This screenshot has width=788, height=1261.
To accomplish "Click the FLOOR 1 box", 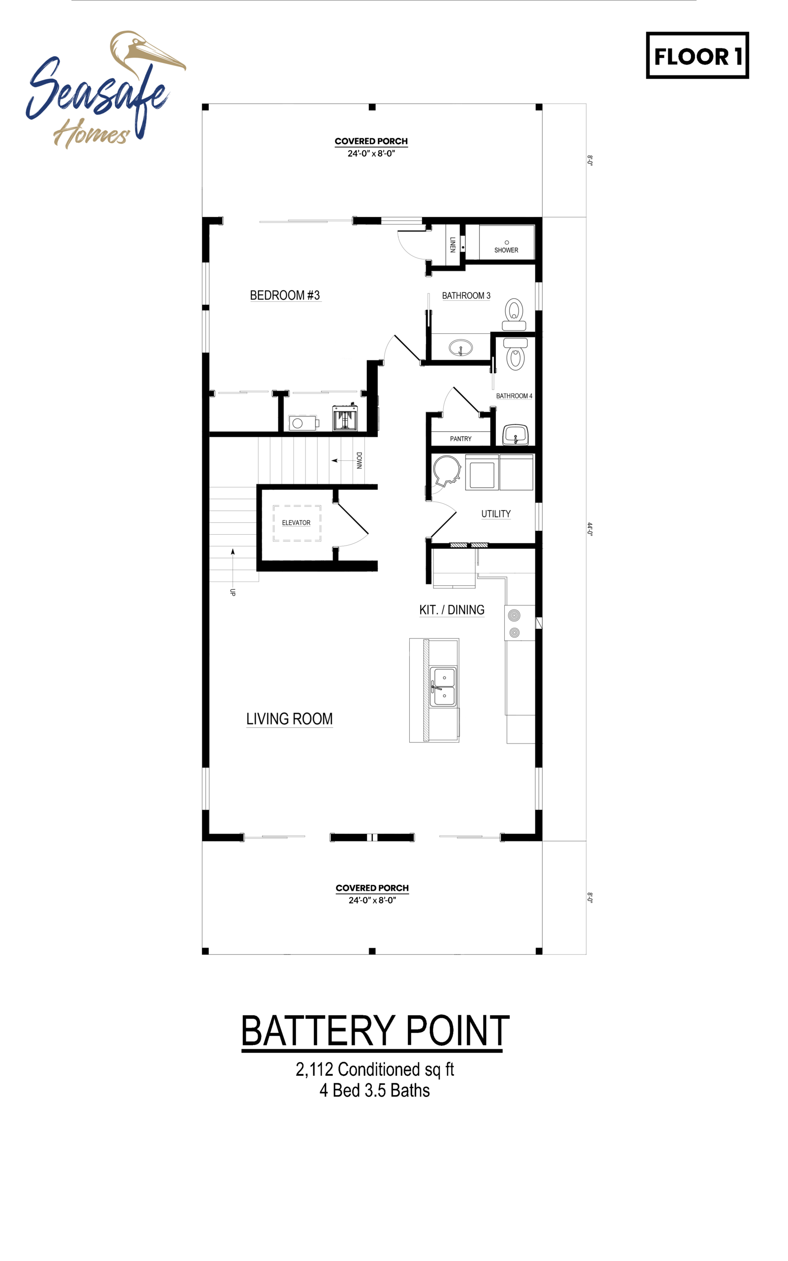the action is click(x=697, y=55).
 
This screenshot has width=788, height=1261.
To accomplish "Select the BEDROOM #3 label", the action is click(x=285, y=295).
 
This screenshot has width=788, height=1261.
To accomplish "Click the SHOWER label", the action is click(x=506, y=250).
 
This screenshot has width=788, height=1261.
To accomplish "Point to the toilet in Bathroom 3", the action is click(x=514, y=314).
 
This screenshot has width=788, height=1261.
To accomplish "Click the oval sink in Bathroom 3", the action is click(x=460, y=347).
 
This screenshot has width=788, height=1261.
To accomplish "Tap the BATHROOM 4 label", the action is click(x=514, y=396).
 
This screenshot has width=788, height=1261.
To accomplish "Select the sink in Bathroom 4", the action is click(x=516, y=435).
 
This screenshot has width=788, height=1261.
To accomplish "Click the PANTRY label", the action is click(x=460, y=439).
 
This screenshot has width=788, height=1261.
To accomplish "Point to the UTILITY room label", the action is click(x=495, y=514).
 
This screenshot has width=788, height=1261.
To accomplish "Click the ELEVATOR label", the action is click(x=296, y=522).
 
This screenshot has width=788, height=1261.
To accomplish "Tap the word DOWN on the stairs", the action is click(x=359, y=461).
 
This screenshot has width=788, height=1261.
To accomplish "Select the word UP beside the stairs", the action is click(x=233, y=592).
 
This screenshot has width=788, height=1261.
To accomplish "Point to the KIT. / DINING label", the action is click(x=452, y=610).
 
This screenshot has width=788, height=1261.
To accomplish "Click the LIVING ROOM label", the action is click(x=289, y=719).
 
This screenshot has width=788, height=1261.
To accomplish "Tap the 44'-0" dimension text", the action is click(x=590, y=529).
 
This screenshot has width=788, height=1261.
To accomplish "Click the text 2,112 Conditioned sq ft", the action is click(x=375, y=1069).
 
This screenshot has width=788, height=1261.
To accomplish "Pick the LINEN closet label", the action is click(x=453, y=244).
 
